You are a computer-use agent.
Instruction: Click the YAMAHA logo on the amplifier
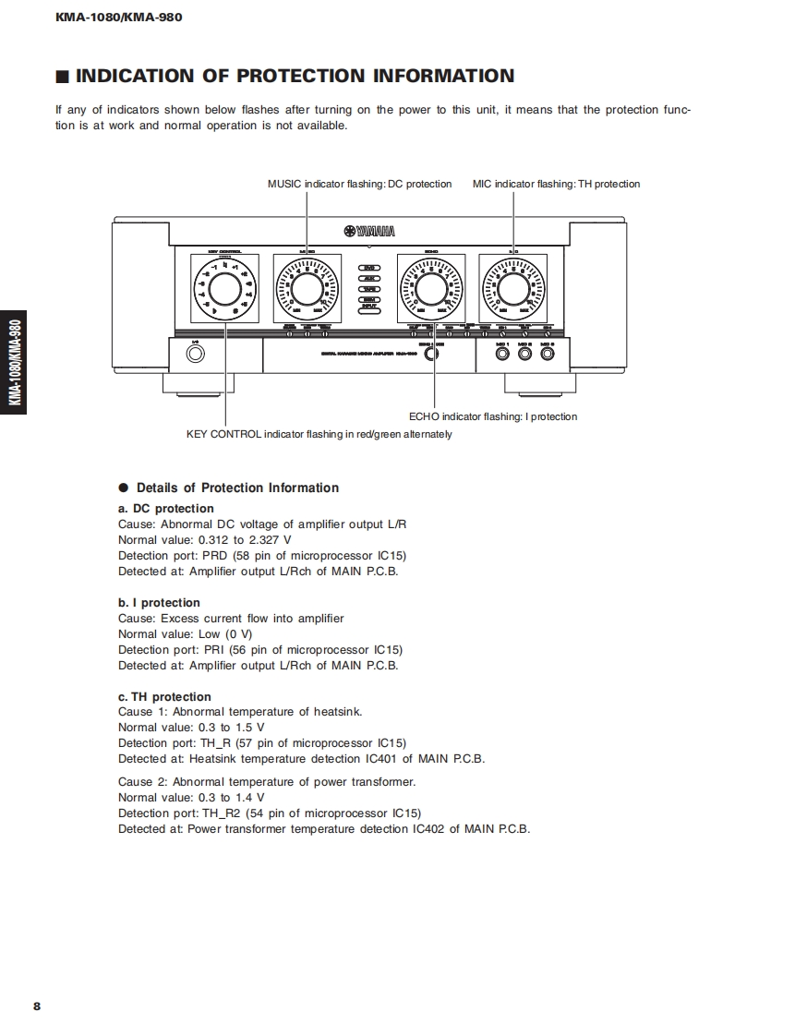tap(369, 232)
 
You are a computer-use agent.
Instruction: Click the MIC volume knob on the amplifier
tap(512, 287)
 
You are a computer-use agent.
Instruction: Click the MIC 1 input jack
tap(502, 355)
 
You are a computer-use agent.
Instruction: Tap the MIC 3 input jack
tap(548, 355)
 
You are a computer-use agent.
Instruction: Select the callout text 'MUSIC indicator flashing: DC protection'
tap(359, 184)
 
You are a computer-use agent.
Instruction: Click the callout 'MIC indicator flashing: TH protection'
tap(556, 184)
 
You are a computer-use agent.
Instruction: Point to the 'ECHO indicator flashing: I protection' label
tap(493, 416)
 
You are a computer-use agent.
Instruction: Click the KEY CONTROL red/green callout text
tap(319, 434)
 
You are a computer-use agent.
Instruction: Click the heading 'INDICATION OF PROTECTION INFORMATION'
tap(295, 76)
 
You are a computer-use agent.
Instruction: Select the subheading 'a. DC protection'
tap(166, 509)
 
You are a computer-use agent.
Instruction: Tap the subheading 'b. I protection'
tap(159, 603)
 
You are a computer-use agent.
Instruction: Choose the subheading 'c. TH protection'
tap(164, 697)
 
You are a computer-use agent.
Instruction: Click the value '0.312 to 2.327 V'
tap(245, 540)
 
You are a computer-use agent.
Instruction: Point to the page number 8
tap(37, 1006)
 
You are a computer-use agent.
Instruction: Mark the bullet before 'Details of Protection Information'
tap(123, 488)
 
